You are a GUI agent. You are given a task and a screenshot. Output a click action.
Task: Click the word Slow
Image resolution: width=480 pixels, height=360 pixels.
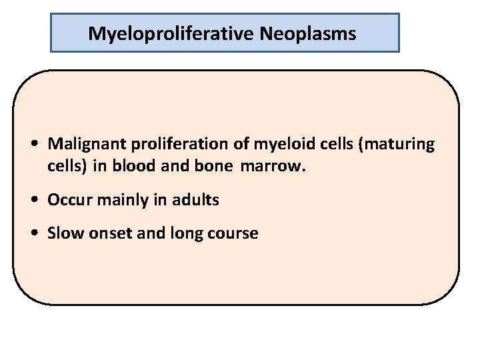65,233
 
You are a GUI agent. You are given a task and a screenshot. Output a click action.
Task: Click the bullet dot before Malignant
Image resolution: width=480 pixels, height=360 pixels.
35,144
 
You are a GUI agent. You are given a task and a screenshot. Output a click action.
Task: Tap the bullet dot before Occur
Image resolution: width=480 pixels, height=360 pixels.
35,200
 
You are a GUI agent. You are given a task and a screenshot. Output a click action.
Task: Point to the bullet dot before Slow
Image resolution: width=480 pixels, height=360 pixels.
35,233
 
